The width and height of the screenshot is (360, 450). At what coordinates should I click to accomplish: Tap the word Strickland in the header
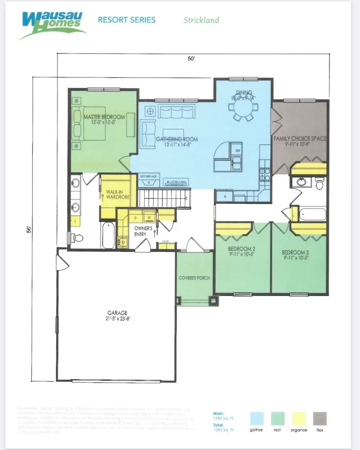[x=201, y=20]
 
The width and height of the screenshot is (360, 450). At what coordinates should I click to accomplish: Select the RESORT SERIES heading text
[x=127, y=20]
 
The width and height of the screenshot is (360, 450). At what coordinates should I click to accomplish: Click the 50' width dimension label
[x=191, y=59]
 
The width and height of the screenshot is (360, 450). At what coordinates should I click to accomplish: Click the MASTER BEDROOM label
[x=104, y=117]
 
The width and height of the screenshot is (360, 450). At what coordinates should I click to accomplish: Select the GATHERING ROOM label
[x=177, y=139]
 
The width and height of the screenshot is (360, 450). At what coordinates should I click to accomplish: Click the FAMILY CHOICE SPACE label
[x=300, y=138]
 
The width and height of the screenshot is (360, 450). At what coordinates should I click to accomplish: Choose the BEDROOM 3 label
[x=295, y=252]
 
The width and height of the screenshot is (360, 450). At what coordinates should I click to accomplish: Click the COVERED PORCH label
[x=194, y=278]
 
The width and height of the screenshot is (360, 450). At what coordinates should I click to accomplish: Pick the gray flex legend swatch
[x=320, y=418]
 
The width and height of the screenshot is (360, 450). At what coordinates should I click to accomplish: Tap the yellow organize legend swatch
[x=298, y=418]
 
